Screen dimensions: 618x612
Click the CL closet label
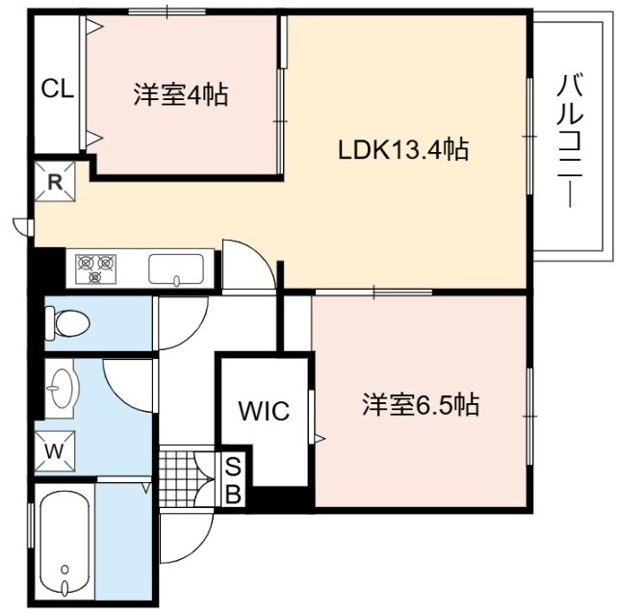[58, 89]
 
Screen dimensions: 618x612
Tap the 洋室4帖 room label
[181, 94]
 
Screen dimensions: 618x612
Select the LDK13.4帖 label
[403, 150]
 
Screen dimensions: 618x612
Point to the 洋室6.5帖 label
[421, 405]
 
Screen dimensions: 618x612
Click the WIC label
[264, 411]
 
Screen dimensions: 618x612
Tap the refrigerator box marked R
[55, 182]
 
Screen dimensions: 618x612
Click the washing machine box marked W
[55, 451]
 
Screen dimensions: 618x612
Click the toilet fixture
[67, 323]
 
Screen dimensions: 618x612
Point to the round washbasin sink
[63, 389]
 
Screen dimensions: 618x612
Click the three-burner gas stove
[96, 268]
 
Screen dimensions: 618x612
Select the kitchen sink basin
[176, 268]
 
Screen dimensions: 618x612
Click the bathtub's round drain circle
[65, 569]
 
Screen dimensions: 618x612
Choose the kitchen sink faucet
[176, 280]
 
